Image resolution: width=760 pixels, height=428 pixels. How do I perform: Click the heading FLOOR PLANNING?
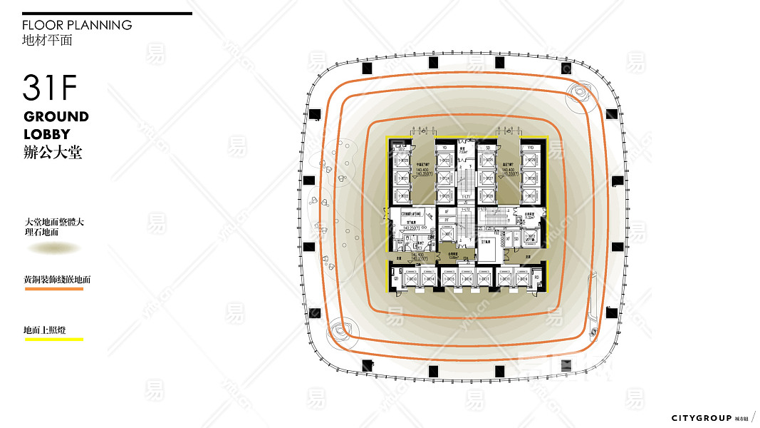77,25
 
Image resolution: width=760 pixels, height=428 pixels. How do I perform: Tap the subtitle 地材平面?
47,40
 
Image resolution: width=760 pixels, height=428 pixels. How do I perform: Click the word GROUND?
56,116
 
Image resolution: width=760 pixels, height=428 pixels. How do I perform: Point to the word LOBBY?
47,134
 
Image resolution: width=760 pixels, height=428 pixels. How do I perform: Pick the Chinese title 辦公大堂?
53,152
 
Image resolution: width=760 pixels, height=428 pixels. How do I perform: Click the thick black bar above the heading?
107,13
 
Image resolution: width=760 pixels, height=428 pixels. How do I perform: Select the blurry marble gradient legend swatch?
54,248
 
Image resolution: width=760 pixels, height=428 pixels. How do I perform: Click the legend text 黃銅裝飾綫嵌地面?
57,280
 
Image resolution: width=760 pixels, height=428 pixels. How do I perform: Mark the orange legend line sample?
53,289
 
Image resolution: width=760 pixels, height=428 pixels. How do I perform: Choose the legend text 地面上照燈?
44,330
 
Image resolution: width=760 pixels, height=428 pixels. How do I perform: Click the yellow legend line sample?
53,339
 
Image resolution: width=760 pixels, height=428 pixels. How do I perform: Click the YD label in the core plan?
444,148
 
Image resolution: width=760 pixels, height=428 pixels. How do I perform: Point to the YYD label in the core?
531,148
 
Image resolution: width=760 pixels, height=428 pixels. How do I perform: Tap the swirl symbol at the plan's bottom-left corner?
336,331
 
